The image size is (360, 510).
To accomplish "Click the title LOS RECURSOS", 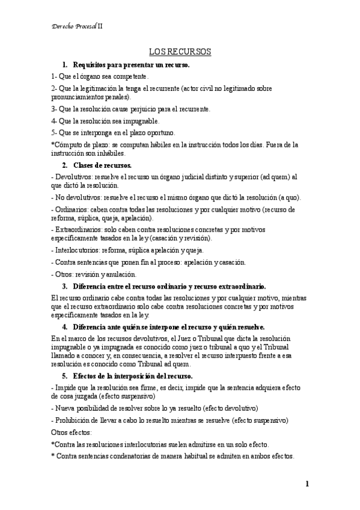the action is tap(180, 52).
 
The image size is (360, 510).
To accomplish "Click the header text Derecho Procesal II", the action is tap(78, 26).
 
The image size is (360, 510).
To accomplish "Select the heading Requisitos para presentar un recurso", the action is tap(131, 64).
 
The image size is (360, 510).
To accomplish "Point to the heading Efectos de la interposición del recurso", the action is tap(133, 376).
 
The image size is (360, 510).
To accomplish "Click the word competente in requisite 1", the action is tap(126, 76).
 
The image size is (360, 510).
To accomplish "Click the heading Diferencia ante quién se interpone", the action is tap(168, 327).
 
